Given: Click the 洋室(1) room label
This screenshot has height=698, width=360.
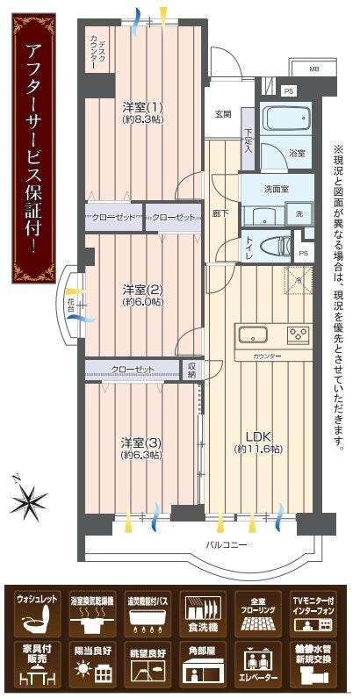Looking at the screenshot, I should (x=140, y=112).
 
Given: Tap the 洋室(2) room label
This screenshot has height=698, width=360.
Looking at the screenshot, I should (x=140, y=295).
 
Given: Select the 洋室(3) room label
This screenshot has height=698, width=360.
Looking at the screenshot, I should (x=140, y=448).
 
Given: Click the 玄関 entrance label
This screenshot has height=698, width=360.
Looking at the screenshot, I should (x=223, y=114).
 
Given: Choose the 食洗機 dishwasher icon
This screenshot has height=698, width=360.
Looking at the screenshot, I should (x=203, y=615).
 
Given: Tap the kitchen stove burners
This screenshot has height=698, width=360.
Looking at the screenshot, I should (x=299, y=334).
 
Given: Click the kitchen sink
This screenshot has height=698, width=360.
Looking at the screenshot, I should (x=251, y=335).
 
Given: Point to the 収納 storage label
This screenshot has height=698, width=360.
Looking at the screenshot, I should (x=192, y=369).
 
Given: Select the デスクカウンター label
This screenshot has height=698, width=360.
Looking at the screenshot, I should (x=98, y=54).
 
